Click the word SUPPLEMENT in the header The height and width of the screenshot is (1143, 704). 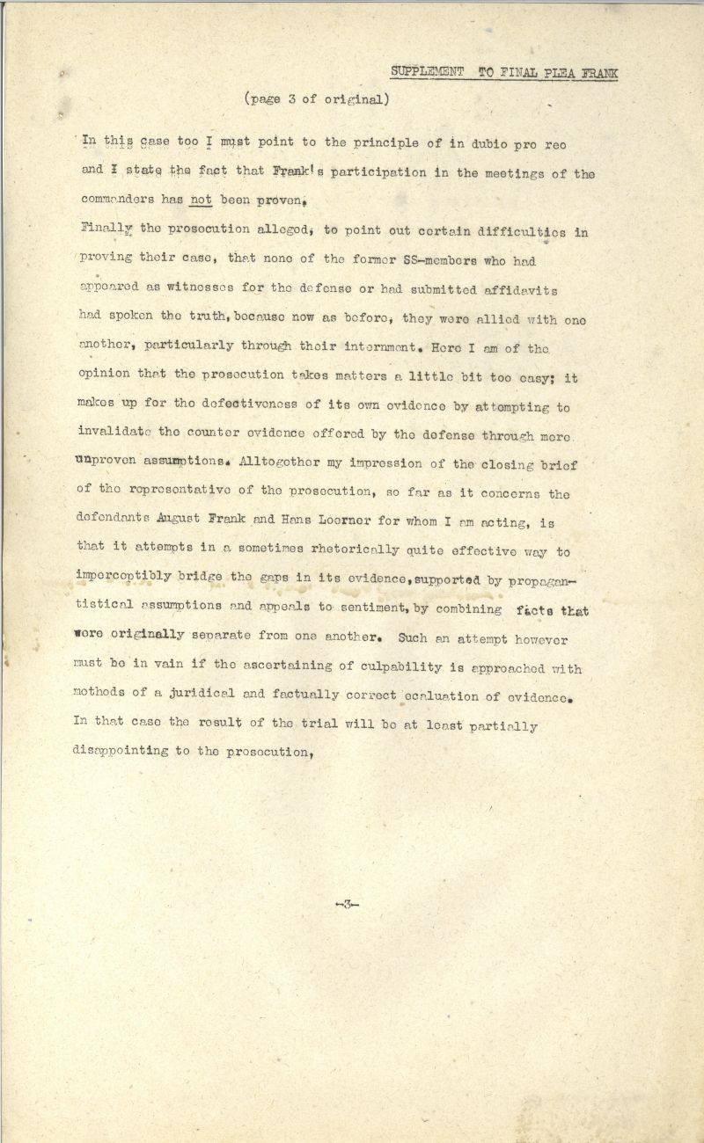[427, 73]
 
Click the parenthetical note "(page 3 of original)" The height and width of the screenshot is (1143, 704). [316, 99]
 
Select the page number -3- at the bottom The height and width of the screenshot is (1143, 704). [348, 904]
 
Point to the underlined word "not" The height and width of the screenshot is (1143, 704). [202, 200]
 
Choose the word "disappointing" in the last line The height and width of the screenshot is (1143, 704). [121, 754]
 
